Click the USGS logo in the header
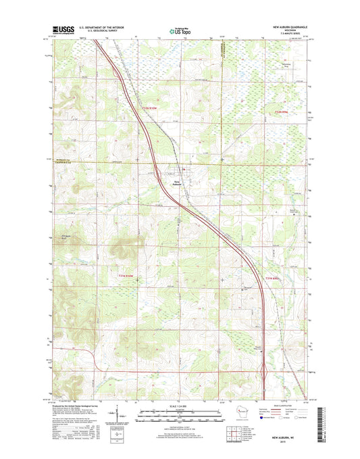[63, 30]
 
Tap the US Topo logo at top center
[179, 30]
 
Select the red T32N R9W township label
[285, 111]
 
